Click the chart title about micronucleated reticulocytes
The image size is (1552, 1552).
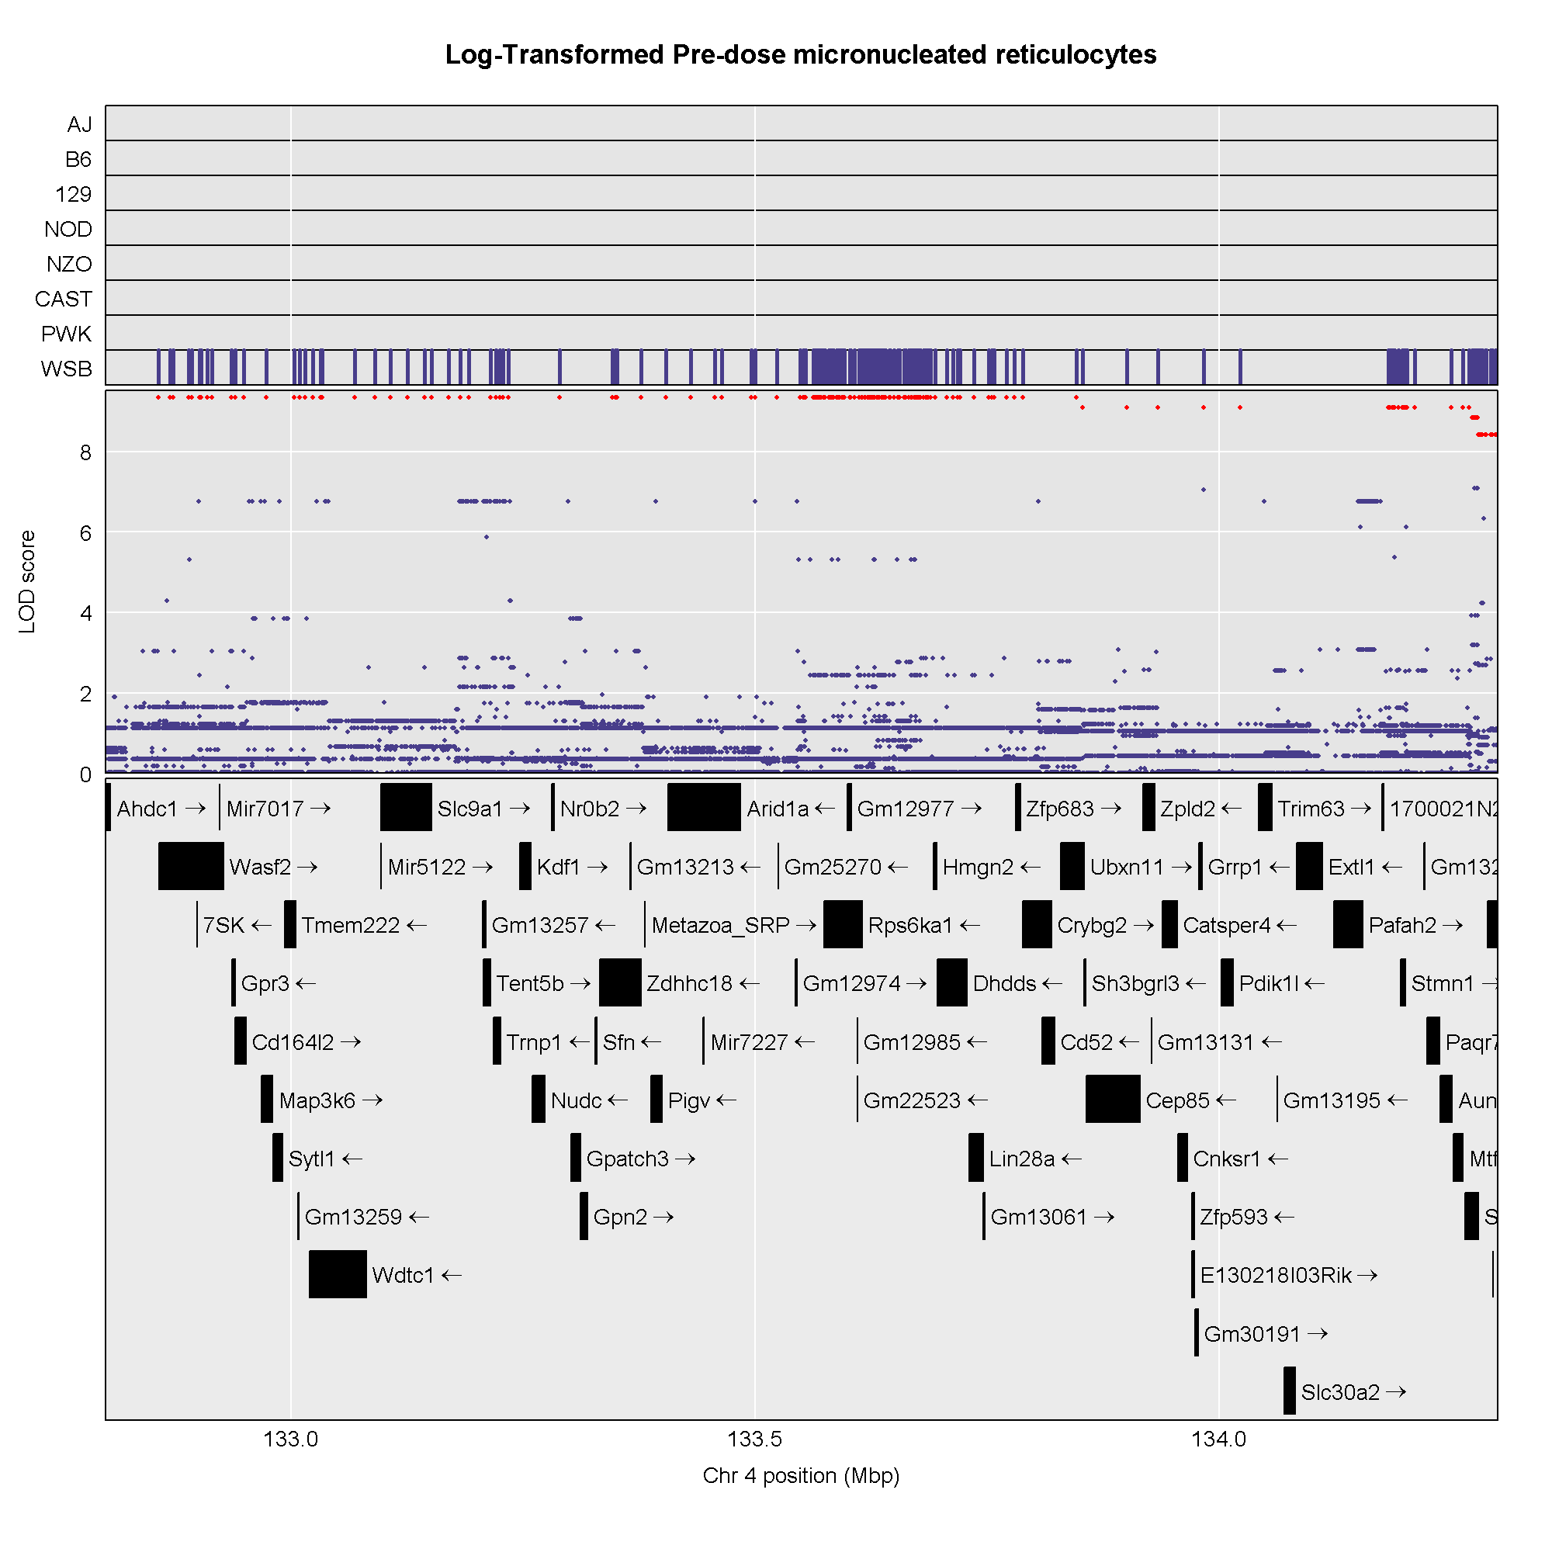[x=800, y=54]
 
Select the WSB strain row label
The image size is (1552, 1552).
[x=66, y=369]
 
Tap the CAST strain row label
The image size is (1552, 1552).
[x=63, y=299]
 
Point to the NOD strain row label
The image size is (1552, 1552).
[x=68, y=229]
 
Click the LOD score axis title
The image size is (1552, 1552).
[x=27, y=581]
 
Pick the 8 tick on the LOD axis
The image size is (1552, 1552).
[x=85, y=452]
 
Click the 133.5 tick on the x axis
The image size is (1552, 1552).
[x=754, y=1439]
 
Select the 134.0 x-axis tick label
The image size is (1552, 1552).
[x=1218, y=1439]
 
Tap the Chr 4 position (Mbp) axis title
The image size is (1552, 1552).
[x=800, y=1476]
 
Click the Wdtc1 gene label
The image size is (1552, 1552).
[x=403, y=1275]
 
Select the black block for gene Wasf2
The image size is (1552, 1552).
[x=190, y=866]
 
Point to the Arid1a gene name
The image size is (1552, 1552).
[x=777, y=808]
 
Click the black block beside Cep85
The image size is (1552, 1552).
[x=1112, y=1099]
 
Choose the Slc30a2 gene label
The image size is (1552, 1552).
[x=1340, y=1392]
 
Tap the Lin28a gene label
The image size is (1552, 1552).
[x=1021, y=1159]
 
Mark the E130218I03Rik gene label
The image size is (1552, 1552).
[x=1276, y=1275]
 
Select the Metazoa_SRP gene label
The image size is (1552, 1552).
[x=720, y=925]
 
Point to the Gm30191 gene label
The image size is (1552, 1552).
[x=1252, y=1333]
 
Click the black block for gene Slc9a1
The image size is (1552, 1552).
[x=406, y=807]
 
